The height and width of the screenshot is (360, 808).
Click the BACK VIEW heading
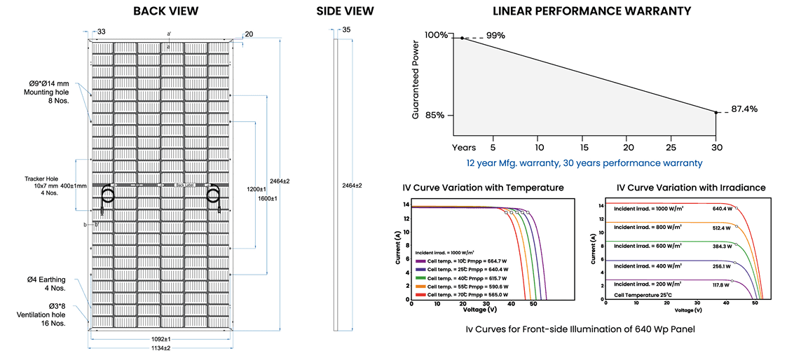pos(165,11)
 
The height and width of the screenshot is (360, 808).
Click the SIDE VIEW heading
pos(345,11)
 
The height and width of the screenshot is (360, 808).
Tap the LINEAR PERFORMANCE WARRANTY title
pos(592,11)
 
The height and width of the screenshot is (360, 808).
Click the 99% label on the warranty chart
pos(495,36)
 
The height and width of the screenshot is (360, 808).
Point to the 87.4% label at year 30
pos(744,109)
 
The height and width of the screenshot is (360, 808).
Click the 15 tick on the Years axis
pos(584,148)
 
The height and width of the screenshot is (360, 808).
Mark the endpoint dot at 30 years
pos(716,112)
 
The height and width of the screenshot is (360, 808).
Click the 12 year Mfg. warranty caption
pos(584,162)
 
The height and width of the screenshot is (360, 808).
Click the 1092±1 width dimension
pos(161,339)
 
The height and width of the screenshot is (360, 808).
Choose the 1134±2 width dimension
pos(161,348)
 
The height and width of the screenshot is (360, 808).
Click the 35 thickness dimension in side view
pos(346,30)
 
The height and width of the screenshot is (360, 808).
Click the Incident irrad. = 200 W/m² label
pos(648,284)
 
